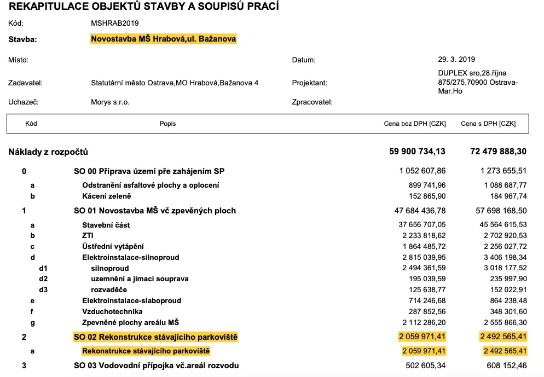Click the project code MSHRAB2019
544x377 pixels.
pos(115,24)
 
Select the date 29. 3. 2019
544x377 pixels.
pos(453,59)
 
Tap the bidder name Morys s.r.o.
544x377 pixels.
pos(110,102)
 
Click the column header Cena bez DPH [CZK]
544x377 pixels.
pos(415,124)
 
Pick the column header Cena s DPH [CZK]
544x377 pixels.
pos(488,124)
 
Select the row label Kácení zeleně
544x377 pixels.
pos(107,196)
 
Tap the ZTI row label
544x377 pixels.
pos(87,235)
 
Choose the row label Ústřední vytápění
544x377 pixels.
pos(113,246)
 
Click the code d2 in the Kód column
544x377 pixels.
pos(43,279)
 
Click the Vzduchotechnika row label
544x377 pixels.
pos(112,311)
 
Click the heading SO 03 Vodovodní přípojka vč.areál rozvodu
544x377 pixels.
pos(157,365)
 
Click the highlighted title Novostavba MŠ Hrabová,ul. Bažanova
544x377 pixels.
pos(164,39)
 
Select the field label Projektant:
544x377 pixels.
pos(310,83)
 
